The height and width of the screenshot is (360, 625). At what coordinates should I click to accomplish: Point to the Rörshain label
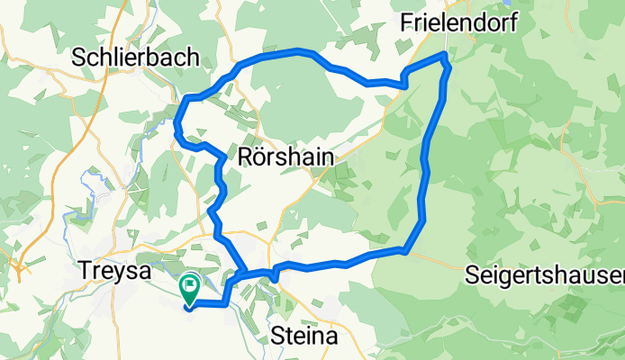(x=286, y=157)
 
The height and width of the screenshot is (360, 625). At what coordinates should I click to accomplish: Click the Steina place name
(x=304, y=337)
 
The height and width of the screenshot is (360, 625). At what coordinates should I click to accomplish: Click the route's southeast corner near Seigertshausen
(x=408, y=250)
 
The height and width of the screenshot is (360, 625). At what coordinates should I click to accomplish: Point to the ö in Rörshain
(x=262, y=157)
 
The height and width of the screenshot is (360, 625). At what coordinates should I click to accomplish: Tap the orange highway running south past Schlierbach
(x=90, y=135)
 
